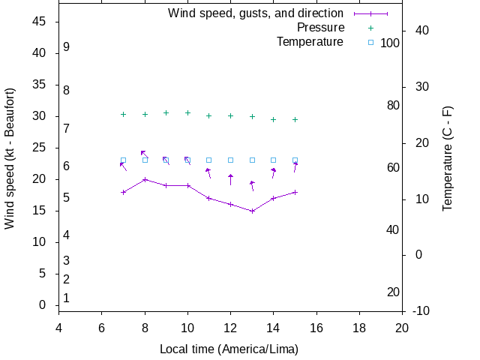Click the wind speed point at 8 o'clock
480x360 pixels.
[x=145, y=179]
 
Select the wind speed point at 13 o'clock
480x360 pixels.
[x=252, y=211]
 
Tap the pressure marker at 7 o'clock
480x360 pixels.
[x=123, y=114]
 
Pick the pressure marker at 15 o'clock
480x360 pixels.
[x=295, y=119]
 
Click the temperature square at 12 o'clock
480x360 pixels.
[x=230, y=160]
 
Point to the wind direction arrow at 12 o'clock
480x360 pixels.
[x=230, y=179]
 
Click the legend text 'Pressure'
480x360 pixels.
[x=320, y=28]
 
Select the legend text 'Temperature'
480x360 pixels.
[x=310, y=42]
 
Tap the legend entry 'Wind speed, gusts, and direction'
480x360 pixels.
[x=255, y=13]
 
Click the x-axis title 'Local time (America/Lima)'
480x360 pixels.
[x=229, y=349]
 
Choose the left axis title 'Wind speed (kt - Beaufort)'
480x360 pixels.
[x=10, y=158]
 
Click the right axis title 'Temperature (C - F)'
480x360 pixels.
[x=448, y=158]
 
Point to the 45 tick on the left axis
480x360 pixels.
[x=40, y=22]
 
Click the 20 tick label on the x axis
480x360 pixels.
[x=402, y=328]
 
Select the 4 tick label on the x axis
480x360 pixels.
[x=58, y=328]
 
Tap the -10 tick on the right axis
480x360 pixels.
[x=421, y=310]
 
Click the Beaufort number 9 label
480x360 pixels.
[x=67, y=46]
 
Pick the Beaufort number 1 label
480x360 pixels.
[x=67, y=298]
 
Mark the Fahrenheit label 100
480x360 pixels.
[x=390, y=43]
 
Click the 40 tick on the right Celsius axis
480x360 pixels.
[x=421, y=31]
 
